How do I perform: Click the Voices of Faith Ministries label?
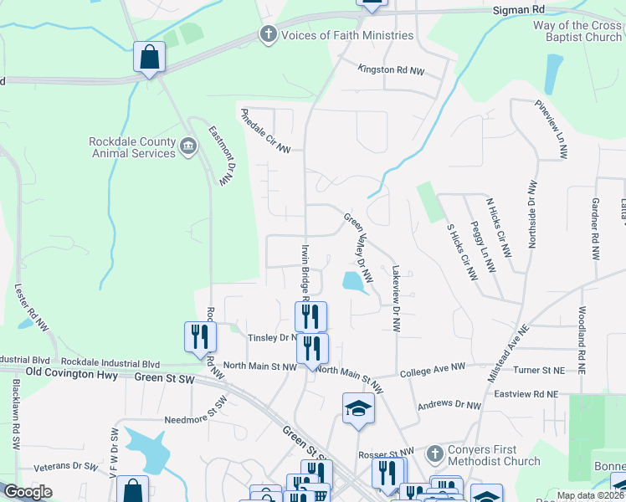pyautogui.click(x=347, y=35)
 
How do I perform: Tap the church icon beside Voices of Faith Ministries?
pyautogui.click(x=269, y=35)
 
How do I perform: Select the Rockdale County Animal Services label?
pyautogui.click(x=132, y=147)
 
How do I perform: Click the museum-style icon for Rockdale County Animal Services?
pyautogui.click(x=188, y=148)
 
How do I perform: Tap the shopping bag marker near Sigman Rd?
pyautogui.click(x=149, y=58)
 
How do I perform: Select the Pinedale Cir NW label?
pyautogui.click(x=265, y=131)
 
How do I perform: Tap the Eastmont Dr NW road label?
pyautogui.click(x=223, y=156)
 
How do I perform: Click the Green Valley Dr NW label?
pyautogui.click(x=357, y=247)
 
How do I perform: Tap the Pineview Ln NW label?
pyautogui.click(x=551, y=130)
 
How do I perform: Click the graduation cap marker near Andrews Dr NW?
pyautogui.click(x=358, y=408)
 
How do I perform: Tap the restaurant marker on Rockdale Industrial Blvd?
pyautogui.click(x=199, y=337)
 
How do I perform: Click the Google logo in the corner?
pyautogui.click(x=28, y=492)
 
